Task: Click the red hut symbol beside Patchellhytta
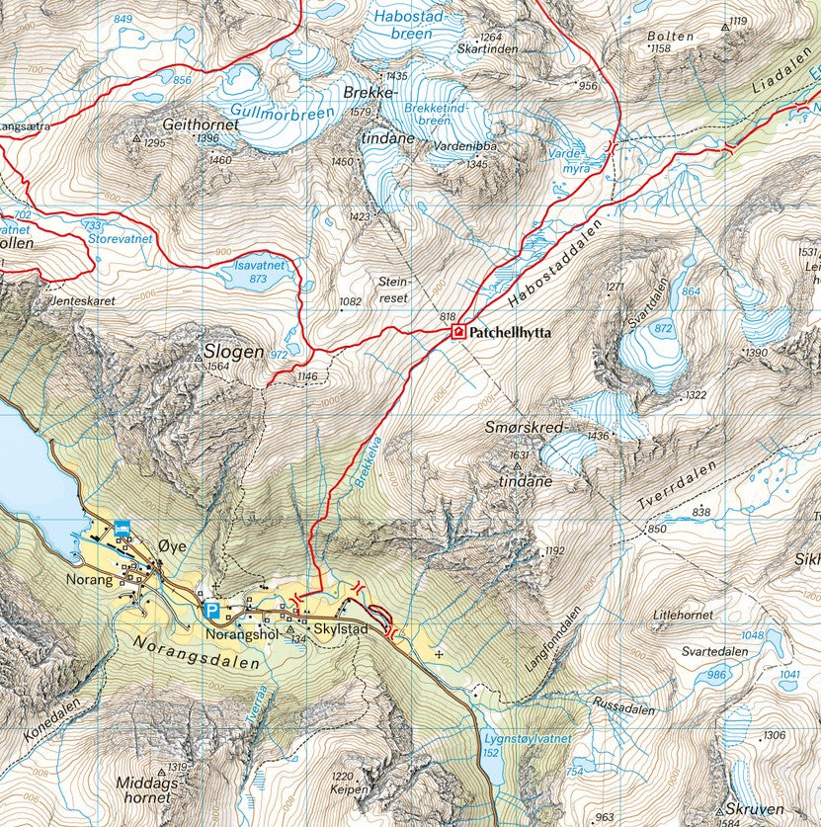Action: click(x=458, y=332)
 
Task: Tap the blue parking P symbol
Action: click(x=210, y=610)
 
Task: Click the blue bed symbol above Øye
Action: click(x=123, y=529)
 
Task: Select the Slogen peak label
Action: click(x=233, y=352)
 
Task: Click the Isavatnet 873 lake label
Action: click(x=259, y=272)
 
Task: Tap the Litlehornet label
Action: click(x=683, y=615)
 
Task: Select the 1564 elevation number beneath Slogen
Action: click(x=218, y=367)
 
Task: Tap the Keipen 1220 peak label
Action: click(x=342, y=783)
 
